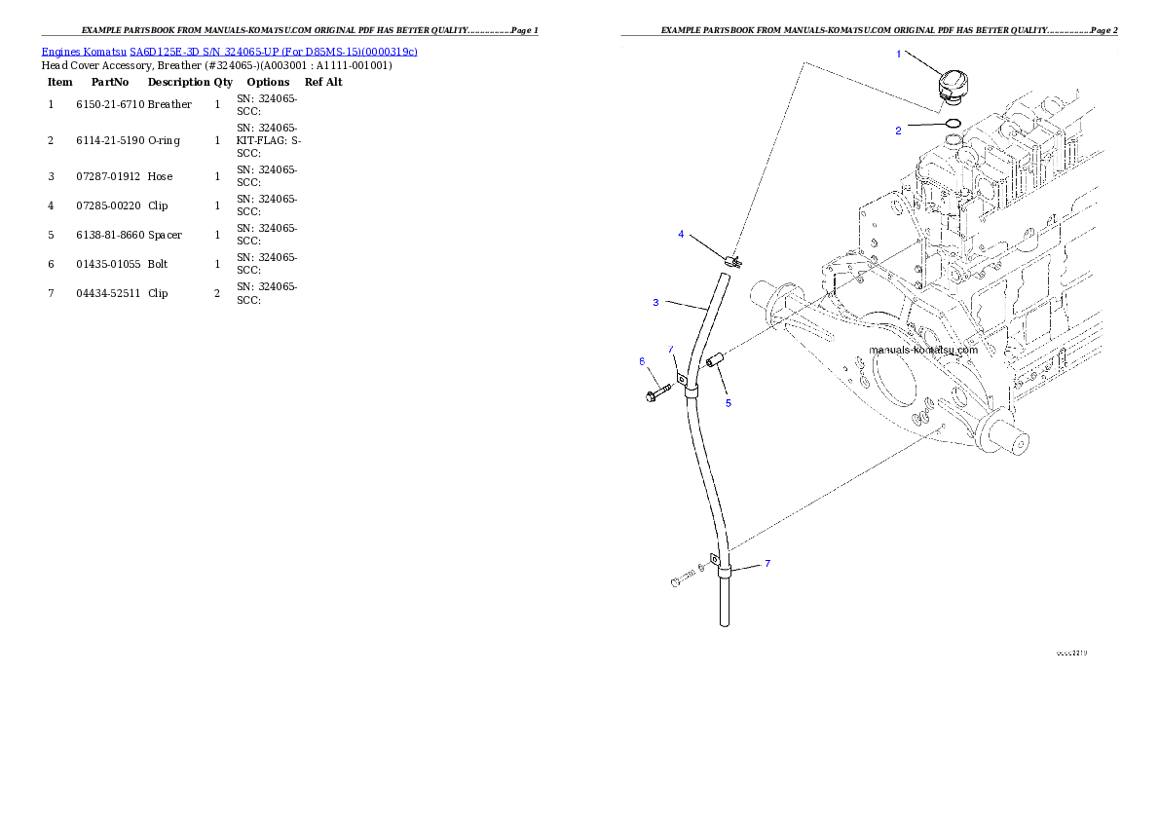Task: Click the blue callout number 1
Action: coord(898,54)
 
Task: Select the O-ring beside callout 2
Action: coord(954,124)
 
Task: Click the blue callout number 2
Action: coord(898,130)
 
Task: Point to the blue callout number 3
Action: coord(655,303)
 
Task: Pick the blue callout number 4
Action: coord(681,234)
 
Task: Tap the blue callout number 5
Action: coord(728,402)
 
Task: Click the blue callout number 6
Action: coord(642,361)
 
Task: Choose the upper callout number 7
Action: coord(671,349)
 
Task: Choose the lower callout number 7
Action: coord(767,563)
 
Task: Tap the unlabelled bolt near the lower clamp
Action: coord(681,580)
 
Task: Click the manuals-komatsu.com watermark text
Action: coord(923,349)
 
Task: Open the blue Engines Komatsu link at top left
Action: coord(229,52)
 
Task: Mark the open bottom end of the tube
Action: coord(724,623)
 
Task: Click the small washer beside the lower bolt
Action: coord(702,568)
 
